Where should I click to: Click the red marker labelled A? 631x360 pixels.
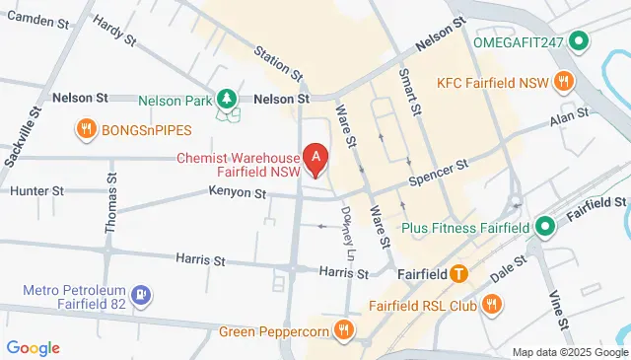coord(315,156)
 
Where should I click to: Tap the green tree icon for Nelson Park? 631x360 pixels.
coord(228,99)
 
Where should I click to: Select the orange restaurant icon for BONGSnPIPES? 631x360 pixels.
coord(86,128)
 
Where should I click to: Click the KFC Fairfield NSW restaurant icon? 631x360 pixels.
coord(563,81)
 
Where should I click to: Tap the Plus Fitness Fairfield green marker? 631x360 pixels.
coord(545,228)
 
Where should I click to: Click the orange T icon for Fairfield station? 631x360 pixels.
coord(458,273)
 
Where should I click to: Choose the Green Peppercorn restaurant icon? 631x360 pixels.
coord(343,329)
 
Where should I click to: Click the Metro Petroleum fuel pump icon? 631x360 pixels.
coord(143,294)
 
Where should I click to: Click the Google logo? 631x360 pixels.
coord(33,347)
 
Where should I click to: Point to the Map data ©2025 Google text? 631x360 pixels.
coord(570,352)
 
